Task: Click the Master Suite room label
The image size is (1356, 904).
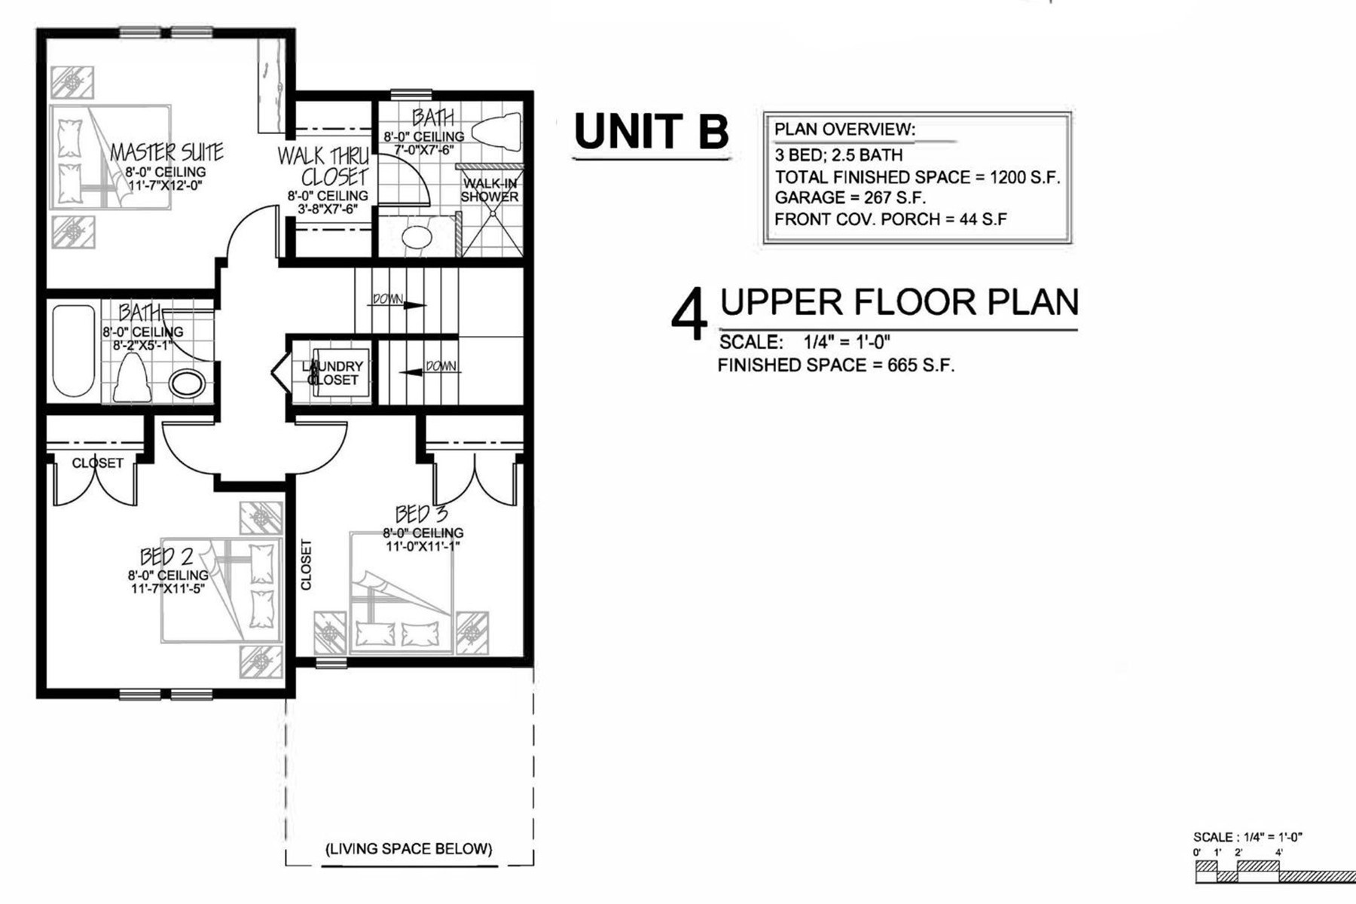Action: pyautogui.click(x=166, y=152)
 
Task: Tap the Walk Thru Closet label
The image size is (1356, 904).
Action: pyautogui.click(x=324, y=166)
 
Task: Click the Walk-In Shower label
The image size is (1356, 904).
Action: pyautogui.click(x=490, y=190)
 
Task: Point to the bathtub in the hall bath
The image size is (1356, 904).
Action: pyautogui.click(x=74, y=350)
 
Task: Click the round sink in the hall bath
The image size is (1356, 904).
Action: pyautogui.click(x=188, y=383)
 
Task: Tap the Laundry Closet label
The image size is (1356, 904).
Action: pyautogui.click(x=333, y=373)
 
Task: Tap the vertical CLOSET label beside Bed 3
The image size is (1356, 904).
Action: pyautogui.click(x=306, y=564)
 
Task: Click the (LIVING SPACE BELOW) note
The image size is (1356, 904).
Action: pyautogui.click(x=409, y=849)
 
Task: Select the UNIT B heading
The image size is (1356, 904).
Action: pyautogui.click(x=652, y=131)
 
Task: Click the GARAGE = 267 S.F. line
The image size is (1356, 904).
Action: pyautogui.click(x=851, y=198)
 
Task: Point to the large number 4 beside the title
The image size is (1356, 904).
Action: pyautogui.click(x=689, y=313)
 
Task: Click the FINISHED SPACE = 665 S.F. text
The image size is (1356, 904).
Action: pyautogui.click(x=836, y=365)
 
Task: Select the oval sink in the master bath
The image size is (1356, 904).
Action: pyautogui.click(x=417, y=238)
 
